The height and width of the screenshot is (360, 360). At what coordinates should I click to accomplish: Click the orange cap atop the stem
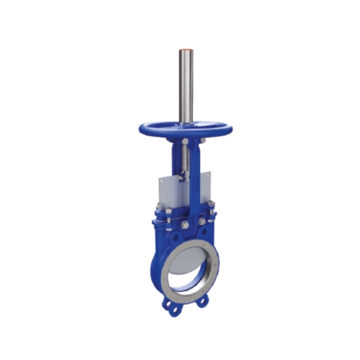[186, 50]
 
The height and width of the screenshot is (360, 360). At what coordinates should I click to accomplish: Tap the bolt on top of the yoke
[186, 142]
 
